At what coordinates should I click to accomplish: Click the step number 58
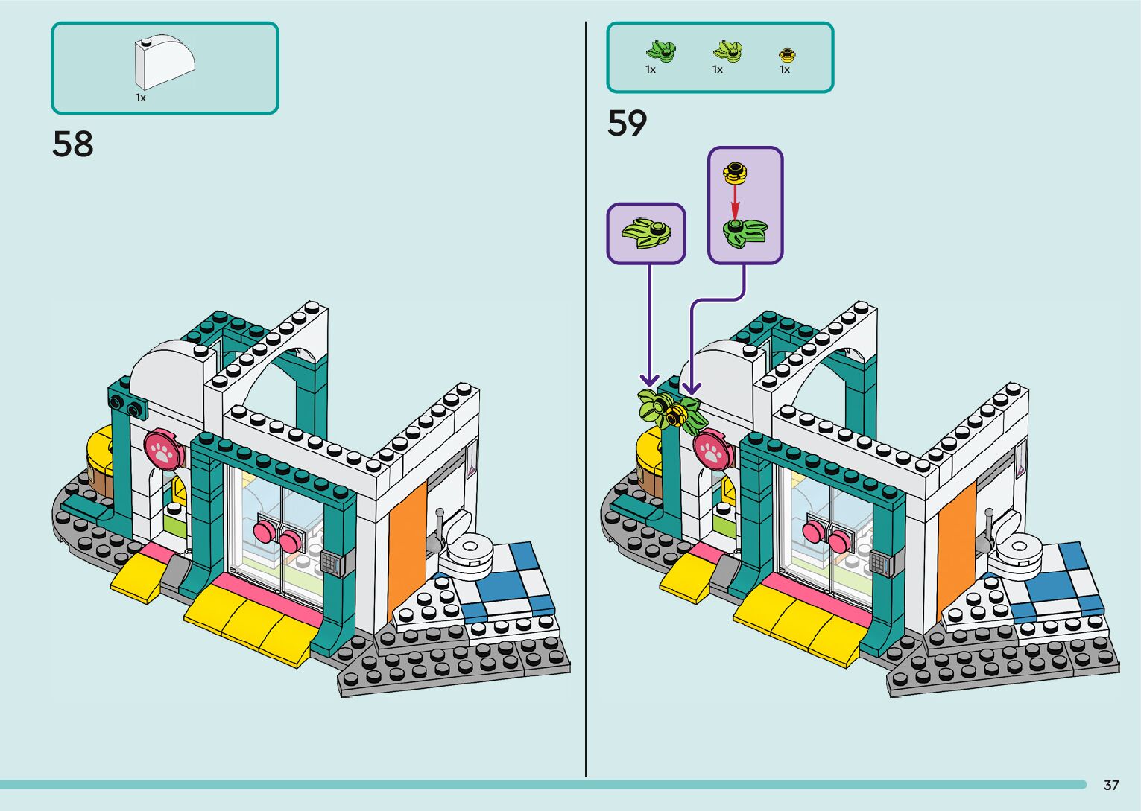pyautogui.click(x=73, y=144)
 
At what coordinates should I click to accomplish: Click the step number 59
pyautogui.click(x=627, y=124)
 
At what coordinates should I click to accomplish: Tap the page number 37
pyautogui.click(x=1111, y=785)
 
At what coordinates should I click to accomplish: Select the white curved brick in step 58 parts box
pyautogui.click(x=163, y=63)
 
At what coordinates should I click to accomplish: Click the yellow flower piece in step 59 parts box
pyautogui.click(x=787, y=54)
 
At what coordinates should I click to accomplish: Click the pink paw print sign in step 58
pyautogui.click(x=162, y=449)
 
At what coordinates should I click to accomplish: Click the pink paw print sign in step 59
pyautogui.click(x=712, y=449)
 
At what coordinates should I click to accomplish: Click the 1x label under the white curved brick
pyautogui.click(x=141, y=98)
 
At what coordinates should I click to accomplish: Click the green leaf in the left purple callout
pyautogui.click(x=645, y=233)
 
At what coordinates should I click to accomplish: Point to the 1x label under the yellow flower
pyautogui.click(x=785, y=69)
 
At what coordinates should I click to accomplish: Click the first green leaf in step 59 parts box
pyautogui.click(x=660, y=51)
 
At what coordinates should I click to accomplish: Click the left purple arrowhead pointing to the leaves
pyautogui.click(x=650, y=381)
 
